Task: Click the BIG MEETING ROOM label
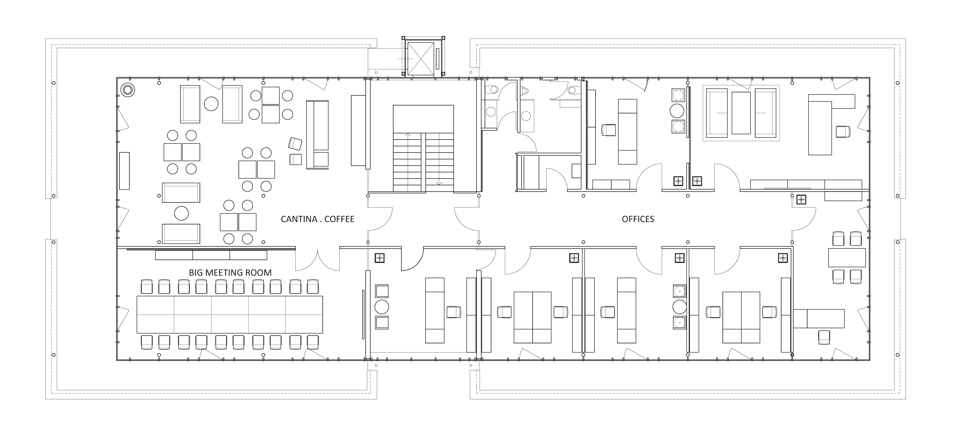coord(230,273)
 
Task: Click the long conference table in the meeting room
coord(230,314)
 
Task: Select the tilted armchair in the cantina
coord(295,144)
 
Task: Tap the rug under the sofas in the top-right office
coord(741,113)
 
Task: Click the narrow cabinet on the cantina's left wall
coord(124,171)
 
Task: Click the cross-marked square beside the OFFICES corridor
coord(801,200)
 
